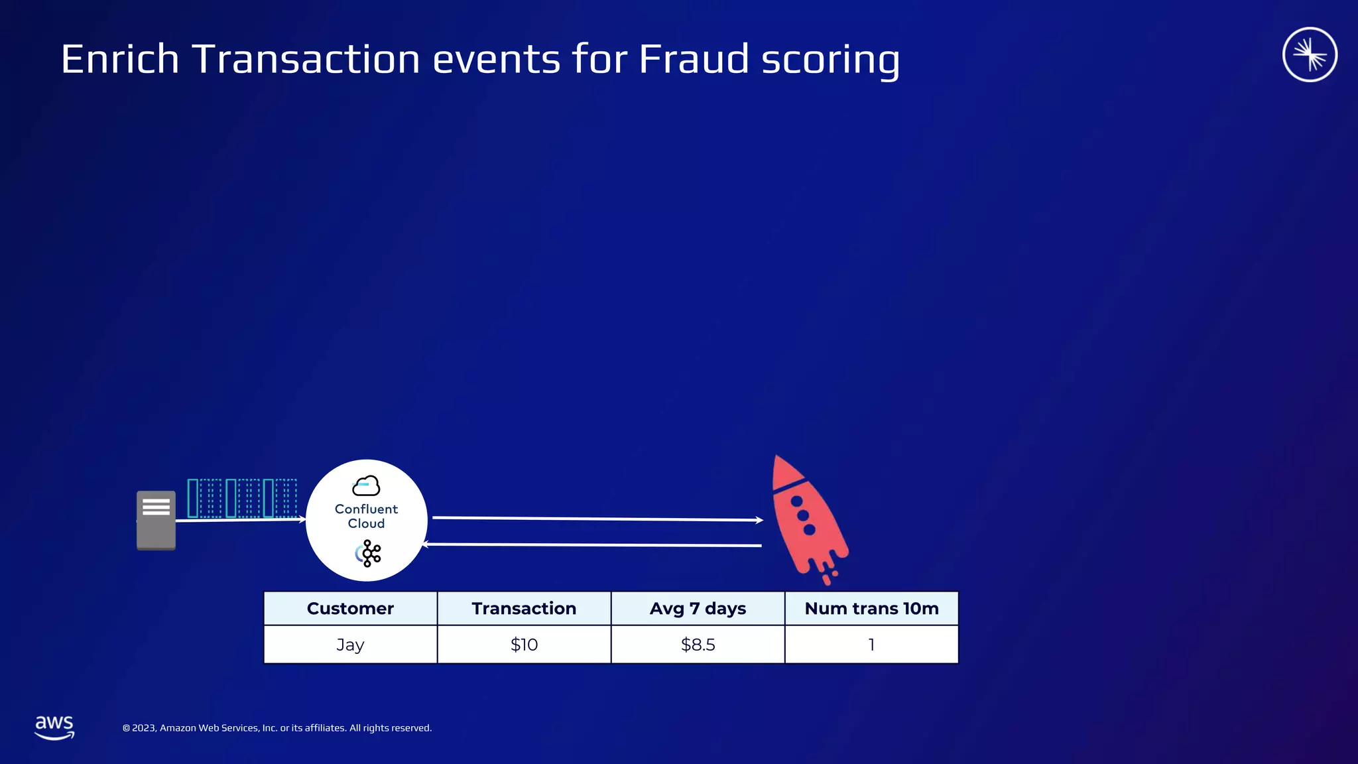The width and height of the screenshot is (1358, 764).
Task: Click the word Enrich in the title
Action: coord(120,60)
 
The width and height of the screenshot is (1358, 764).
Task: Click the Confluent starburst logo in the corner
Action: coord(1310,54)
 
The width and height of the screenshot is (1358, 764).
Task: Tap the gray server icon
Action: coord(156,521)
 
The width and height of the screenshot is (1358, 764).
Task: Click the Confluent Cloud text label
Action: coord(366,516)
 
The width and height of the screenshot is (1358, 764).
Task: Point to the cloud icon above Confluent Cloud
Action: coord(366,486)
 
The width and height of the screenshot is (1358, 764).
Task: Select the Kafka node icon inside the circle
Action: coord(369,553)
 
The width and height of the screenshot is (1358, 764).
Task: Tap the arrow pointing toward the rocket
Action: coord(597,519)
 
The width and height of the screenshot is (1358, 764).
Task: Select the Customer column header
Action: coord(350,608)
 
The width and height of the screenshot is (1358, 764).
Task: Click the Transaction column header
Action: coord(524,608)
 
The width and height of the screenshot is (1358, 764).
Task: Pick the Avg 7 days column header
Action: coord(698,608)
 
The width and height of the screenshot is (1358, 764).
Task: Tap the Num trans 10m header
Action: coord(871,608)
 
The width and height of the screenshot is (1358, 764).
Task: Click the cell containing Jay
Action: coord(350,645)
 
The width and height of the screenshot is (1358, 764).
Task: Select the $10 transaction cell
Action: coord(524,645)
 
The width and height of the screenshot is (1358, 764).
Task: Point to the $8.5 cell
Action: coord(698,645)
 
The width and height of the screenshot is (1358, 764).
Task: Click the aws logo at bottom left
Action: coord(54,727)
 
